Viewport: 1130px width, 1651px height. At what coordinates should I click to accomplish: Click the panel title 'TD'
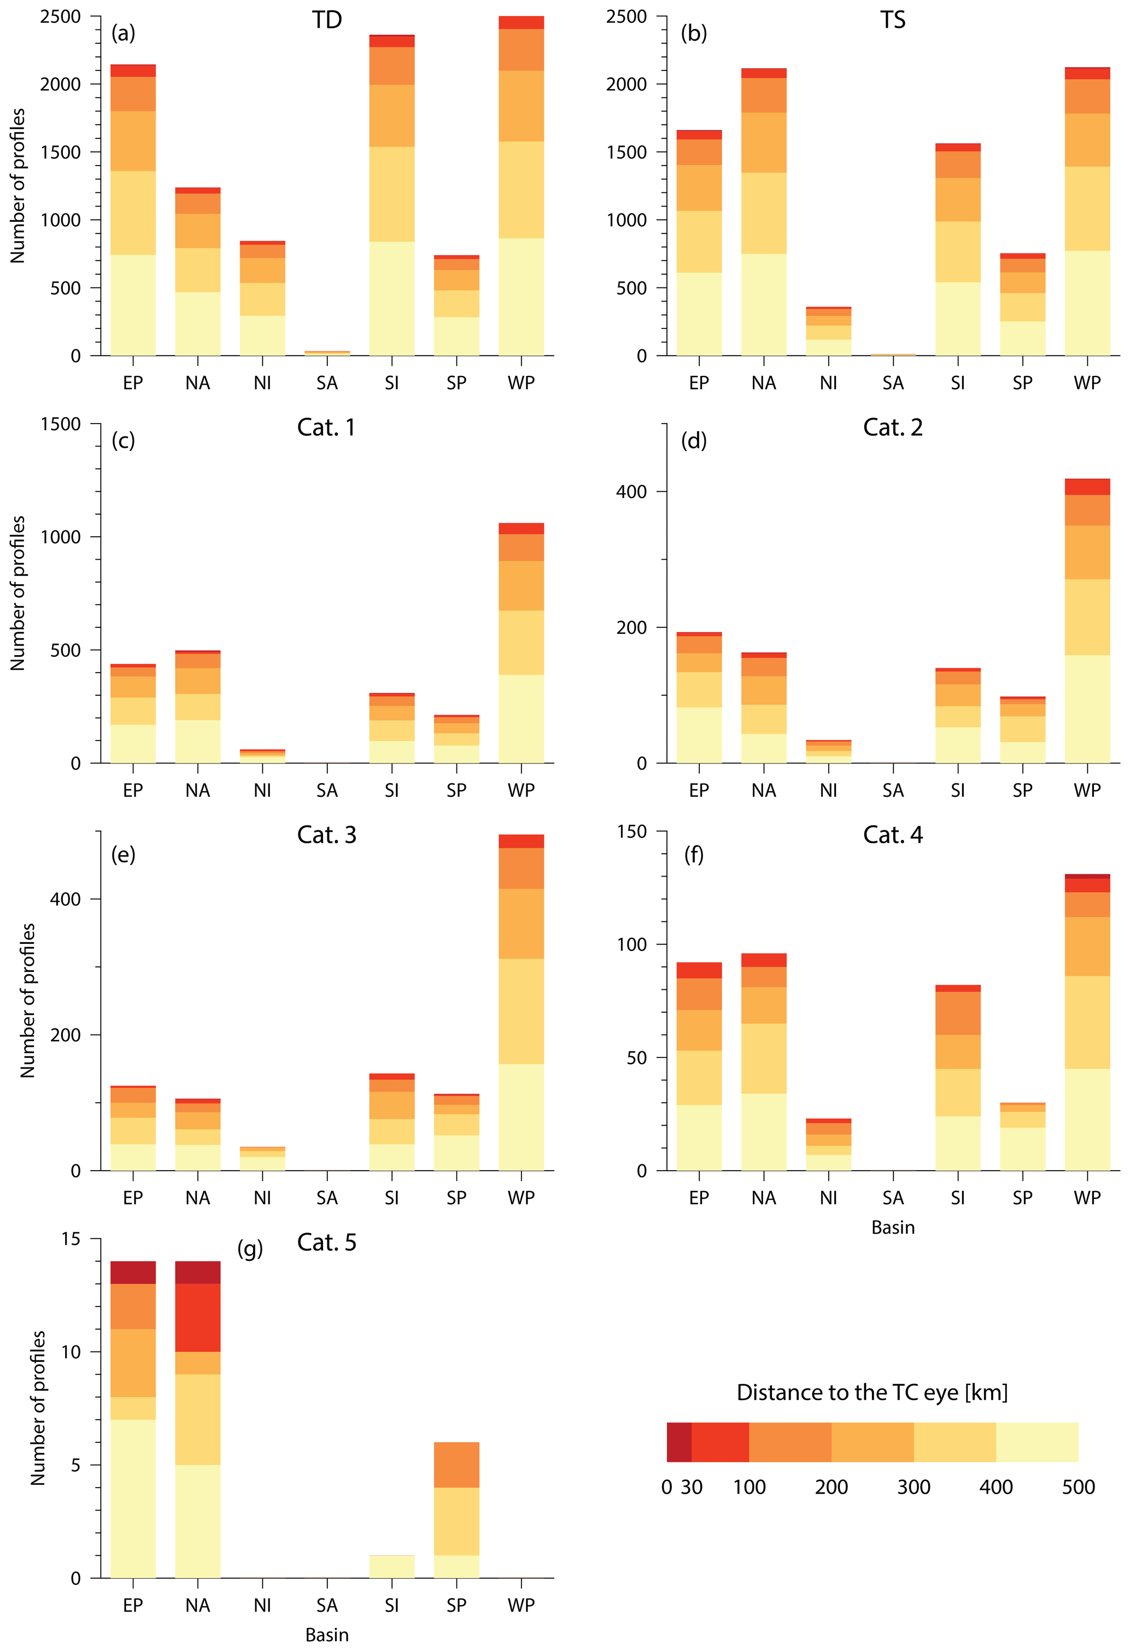pos(327,20)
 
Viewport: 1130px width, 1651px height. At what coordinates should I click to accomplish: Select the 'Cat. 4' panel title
pos(893,835)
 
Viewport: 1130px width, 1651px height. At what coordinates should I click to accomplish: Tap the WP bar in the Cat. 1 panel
pos(521,643)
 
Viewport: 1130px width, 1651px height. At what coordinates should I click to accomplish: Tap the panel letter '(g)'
pos(250,1248)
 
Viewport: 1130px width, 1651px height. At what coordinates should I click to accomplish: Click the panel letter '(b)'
pos(694,33)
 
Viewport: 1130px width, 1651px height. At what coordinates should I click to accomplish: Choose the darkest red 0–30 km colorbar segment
pos(679,1442)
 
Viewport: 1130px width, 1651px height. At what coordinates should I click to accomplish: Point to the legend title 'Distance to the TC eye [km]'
pos(872,1393)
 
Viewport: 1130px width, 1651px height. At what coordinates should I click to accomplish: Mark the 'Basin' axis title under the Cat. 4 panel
pos(893,1227)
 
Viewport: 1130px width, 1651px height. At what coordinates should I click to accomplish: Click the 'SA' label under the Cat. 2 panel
pos(893,790)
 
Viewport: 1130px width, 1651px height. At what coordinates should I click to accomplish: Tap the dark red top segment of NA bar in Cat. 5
pos(197,1272)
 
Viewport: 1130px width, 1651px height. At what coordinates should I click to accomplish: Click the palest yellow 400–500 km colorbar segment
pos(1037,1442)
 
